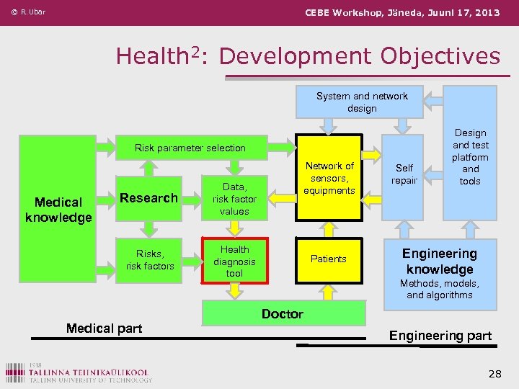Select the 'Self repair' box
click(x=404, y=174)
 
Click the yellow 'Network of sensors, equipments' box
click(x=329, y=178)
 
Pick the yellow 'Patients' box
click(x=329, y=259)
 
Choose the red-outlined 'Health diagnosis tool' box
click(x=234, y=261)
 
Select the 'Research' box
click(x=148, y=198)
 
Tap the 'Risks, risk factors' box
click(x=149, y=259)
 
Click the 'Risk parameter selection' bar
click(x=190, y=148)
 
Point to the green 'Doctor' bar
click(x=283, y=314)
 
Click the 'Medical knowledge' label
click(x=58, y=210)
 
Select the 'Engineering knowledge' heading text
click(x=439, y=261)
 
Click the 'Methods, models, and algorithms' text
click(x=439, y=289)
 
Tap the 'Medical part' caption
click(x=104, y=328)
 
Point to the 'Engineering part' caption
click(x=440, y=336)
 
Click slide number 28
click(x=494, y=373)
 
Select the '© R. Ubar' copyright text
click(x=28, y=12)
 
